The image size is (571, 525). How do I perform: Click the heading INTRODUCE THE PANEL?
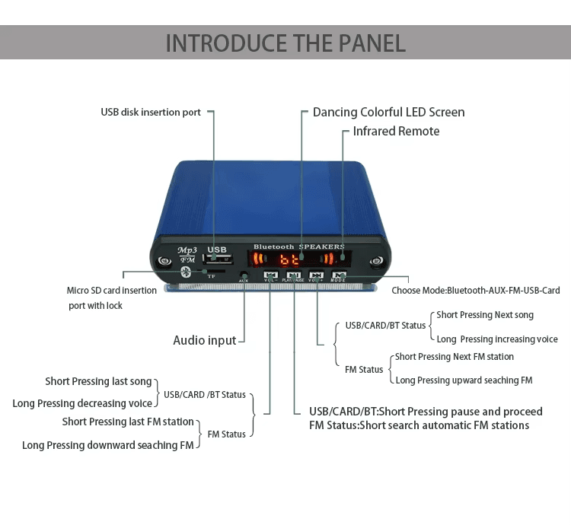285,42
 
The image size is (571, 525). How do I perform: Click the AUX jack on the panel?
244,275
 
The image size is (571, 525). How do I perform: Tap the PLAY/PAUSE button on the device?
294,275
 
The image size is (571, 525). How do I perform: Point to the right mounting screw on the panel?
375,262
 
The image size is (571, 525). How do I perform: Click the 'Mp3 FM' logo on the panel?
187,254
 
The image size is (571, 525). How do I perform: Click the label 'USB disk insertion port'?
151,113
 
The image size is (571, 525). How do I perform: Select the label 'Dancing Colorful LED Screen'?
388,113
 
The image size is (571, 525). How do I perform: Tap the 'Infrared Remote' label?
396,132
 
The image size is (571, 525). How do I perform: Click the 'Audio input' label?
205,340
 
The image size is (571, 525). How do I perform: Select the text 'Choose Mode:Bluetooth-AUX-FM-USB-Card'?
476,291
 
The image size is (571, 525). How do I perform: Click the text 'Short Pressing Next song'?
485,315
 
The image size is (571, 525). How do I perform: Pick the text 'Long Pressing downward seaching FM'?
107,445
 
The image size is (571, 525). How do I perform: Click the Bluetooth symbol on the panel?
183,272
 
